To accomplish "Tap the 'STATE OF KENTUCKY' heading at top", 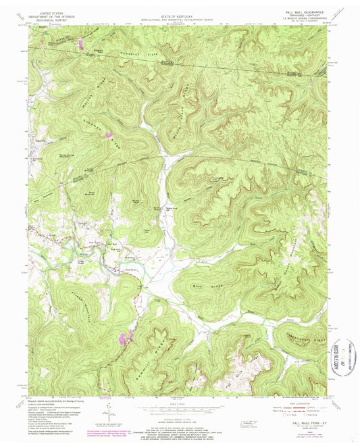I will [x=179, y=13].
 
